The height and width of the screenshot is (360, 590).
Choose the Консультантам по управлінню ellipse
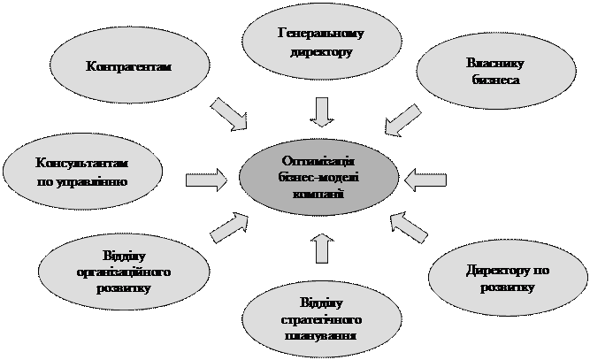point(82,173)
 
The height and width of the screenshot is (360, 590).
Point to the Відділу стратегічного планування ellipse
point(315,319)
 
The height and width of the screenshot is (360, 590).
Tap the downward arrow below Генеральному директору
point(322,111)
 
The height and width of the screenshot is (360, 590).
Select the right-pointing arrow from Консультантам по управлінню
point(206,180)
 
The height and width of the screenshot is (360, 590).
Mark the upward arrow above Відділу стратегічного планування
point(322,249)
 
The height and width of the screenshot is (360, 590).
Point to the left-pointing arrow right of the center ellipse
point(427,180)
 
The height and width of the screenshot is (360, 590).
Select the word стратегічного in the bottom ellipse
point(316,319)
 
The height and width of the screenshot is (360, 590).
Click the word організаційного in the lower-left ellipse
point(124,272)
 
